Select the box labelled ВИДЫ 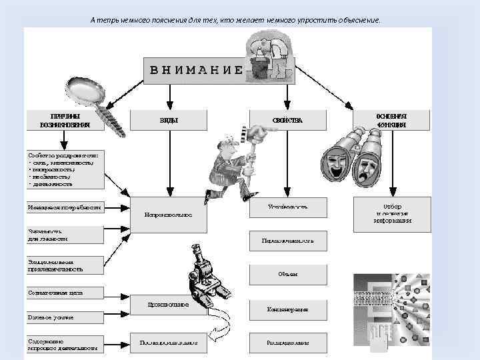pyautogui.click(x=168, y=120)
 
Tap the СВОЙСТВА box pyautogui.click(x=287, y=120)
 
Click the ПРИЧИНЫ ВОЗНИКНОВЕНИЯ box pyautogui.click(x=65, y=120)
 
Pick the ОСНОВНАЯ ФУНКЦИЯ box pyautogui.click(x=391, y=120)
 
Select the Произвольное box pyautogui.click(x=168, y=305)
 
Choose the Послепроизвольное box pyautogui.click(x=168, y=343)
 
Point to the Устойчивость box pyautogui.click(x=289, y=207)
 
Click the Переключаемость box pyautogui.click(x=289, y=241)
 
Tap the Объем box pyautogui.click(x=289, y=274)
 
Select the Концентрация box pyautogui.click(x=289, y=309)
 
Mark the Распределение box pyautogui.click(x=289, y=343)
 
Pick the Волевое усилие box pyautogui.click(x=65, y=317)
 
